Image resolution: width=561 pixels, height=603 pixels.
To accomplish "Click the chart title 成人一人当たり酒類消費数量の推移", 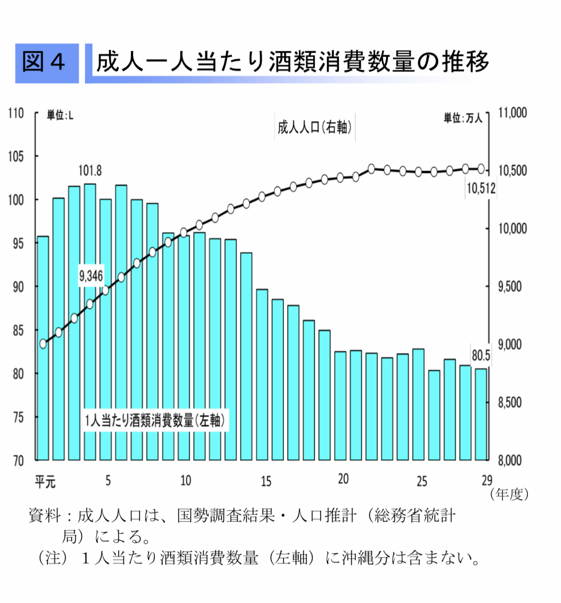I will [x=293, y=62].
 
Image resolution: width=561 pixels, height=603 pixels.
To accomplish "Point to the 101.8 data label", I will [x=90, y=171].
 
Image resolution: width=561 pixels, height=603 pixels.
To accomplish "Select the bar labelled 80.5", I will [x=481, y=414].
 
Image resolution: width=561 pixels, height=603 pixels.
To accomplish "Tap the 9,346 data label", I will [x=91, y=276].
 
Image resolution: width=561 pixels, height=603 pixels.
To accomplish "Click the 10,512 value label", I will [x=481, y=189].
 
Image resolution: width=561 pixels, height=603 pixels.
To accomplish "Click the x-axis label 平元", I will [x=45, y=481].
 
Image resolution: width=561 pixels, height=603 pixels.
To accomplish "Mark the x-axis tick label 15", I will [x=266, y=481].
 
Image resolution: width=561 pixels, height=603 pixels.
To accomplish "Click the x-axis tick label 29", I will [x=485, y=480].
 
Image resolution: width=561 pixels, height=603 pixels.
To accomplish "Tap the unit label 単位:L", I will [x=60, y=116].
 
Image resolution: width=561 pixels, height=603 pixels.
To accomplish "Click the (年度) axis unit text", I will [x=508, y=494].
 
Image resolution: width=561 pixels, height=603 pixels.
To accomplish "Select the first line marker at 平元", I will [x=43, y=344].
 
